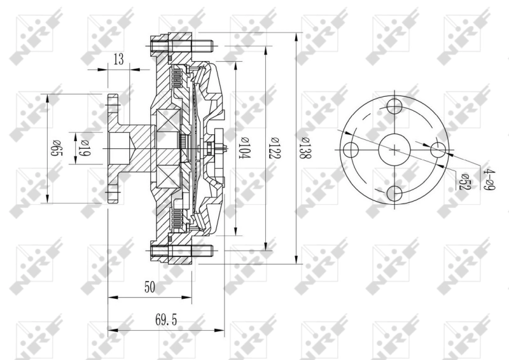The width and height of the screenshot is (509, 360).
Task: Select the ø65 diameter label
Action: pyautogui.click(x=55, y=149)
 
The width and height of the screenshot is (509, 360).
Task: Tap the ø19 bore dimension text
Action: pyautogui.click(x=84, y=149)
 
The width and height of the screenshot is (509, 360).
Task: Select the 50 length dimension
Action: pyautogui.click(x=150, y=287)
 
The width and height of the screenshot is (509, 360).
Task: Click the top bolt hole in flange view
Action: pyautogui.click(x=395, y=106)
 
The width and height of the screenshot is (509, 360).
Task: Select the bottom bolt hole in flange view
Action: pyautogui.click(x=395, y=193)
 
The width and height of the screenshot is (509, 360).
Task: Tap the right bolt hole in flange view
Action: pyautogui.click(x=439, y=150)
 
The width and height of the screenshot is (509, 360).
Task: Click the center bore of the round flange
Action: pyautogui.click(x=395, y=150)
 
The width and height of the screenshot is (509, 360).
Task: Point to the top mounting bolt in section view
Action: pyautogui.click(x=181, y=46)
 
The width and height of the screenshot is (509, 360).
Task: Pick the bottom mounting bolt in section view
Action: pyautogui.click(x=181, y=253)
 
